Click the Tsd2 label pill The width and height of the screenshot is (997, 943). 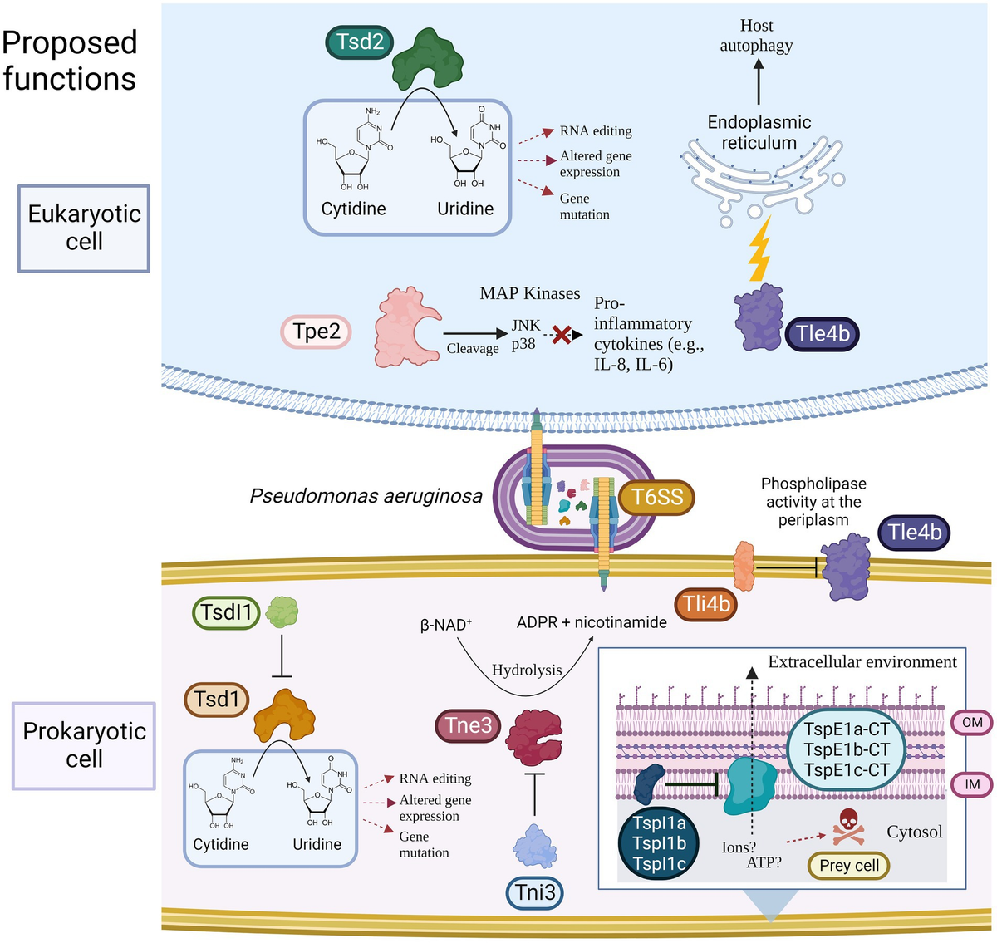coord(360,42)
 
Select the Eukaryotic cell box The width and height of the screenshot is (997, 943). coord(84,228)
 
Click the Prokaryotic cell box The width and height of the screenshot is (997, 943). coord(84,745)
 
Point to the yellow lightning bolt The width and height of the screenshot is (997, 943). coord(759,248)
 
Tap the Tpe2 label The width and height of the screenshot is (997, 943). coord(317,332)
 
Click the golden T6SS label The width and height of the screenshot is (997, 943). coord(656,498)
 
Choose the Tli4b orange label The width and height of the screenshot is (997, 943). coord(706,604)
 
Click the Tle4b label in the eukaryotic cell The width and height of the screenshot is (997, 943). coord(823,334)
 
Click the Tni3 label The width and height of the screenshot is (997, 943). coord(535,893)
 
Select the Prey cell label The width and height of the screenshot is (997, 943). coord(848,866)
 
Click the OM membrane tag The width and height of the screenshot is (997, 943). coord(971,723)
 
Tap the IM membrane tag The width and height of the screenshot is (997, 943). coord(971,783)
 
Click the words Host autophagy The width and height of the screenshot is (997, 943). coord(756,36)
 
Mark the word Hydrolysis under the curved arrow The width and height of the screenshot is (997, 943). coord(527,670)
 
